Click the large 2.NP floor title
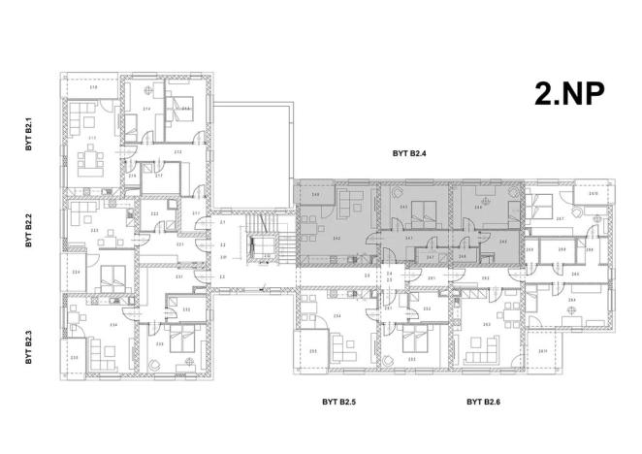(x=569, y=93)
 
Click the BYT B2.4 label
(x=409, y=152)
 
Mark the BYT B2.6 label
(x=482, y=400)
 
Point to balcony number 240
(x=316, y=195)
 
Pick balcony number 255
(x=313, y=350)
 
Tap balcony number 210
(x=93, y=88)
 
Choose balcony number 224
(x=75, y=273)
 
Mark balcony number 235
(x=75, y=358)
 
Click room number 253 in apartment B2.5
(x=412, y=359)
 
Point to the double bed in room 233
(x=179, y=341)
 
